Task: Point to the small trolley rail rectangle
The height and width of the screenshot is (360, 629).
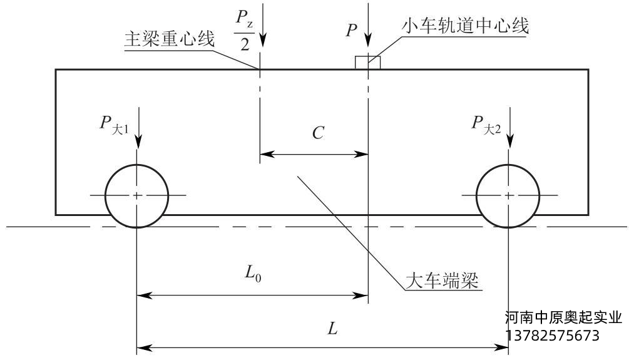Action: [x=367, y=62]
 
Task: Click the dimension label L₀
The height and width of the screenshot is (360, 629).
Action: [x=253, y=272]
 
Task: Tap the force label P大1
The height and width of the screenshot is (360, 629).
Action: [x=113, y=123]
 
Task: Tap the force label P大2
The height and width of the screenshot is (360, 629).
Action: [x=486, y=123]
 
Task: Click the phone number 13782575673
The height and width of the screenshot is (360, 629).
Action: [x=551, y=336]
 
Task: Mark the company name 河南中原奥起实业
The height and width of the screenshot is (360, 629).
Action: [x=563, y=318]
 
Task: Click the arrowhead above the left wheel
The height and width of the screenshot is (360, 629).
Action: [x=138, y=141]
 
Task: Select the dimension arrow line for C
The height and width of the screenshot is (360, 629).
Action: [x=314, y=153]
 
